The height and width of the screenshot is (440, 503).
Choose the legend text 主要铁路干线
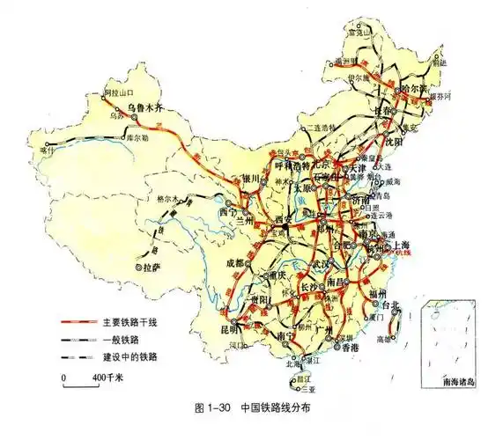coord(128,323)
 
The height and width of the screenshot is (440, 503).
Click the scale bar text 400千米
coord(107,377)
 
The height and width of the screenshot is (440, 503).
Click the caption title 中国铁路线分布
coord(275,409)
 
